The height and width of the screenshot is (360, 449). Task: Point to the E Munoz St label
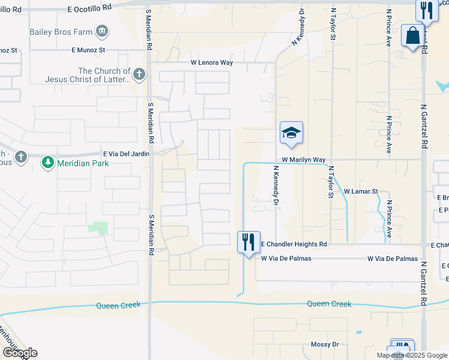click(x=88, y=50)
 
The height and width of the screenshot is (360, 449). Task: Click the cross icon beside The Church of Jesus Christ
click(x=139, y=74)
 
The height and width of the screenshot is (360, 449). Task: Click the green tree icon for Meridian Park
click(x=47, y=163)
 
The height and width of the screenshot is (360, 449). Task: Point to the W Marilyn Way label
click(x=304, y=160)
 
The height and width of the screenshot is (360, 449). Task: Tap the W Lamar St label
click(x=360, y=191)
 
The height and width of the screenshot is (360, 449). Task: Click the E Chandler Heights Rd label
click(x=294, y=244)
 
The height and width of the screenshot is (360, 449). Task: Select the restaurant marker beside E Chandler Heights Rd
click(x=249, y=242)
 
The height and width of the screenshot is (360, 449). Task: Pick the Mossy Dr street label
click(x=325, y=344)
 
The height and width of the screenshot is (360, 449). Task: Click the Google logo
click(x=19, y=353)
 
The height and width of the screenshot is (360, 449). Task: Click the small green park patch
click(x=98, y=227)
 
